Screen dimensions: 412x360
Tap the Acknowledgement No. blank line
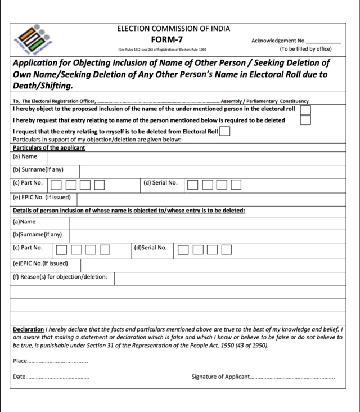323,41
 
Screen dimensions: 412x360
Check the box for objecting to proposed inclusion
305,109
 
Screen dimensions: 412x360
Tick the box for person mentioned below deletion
305,120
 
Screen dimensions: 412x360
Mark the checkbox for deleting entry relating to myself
224,132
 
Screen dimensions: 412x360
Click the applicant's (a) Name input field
196,157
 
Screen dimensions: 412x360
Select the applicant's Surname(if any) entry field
212,171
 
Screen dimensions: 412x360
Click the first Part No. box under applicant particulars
56,184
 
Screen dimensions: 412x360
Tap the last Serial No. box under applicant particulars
236,184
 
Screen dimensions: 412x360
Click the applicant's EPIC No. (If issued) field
211,198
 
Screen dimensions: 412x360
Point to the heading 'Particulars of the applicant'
49,147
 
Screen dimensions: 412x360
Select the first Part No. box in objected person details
61,249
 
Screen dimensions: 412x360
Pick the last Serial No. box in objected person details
226,249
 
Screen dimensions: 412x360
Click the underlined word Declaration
28,329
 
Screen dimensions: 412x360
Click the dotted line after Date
58,377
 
